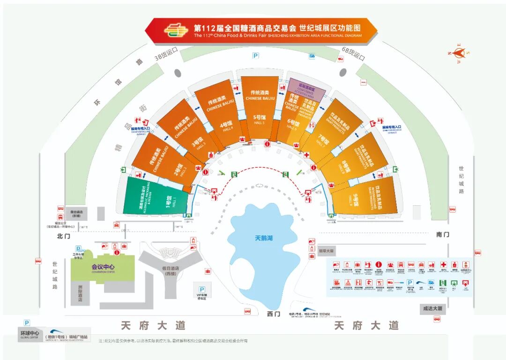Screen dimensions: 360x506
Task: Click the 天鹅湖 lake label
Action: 264,238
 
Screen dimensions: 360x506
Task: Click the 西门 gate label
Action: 273,313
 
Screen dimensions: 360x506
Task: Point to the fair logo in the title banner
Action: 176,30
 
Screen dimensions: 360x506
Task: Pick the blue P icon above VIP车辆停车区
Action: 202,290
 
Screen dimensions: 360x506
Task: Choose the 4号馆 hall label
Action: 226,126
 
